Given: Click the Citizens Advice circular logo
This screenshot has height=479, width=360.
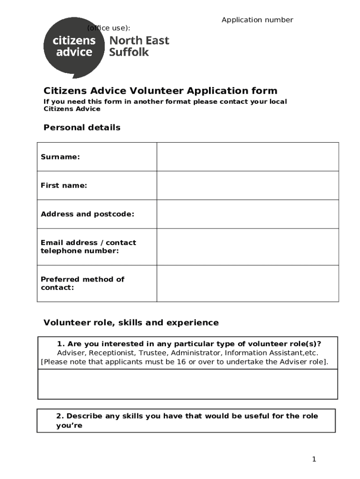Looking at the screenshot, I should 74,47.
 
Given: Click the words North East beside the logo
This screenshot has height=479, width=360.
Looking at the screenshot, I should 139,41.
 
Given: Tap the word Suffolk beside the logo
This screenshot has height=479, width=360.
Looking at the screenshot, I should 129,52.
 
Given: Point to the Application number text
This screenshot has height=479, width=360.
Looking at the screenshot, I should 257,20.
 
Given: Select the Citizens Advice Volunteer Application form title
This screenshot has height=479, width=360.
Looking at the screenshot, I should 160,91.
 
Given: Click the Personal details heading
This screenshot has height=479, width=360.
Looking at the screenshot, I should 82,128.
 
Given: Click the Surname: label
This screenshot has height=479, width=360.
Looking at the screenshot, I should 60,157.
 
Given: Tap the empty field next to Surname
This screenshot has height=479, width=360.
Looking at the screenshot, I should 247,157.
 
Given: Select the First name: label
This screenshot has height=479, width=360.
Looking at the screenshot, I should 64,186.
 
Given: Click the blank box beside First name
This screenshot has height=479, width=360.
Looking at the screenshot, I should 247,186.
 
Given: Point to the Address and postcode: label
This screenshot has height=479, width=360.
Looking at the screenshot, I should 87,214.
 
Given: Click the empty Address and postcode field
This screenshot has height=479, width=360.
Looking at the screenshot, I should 247,214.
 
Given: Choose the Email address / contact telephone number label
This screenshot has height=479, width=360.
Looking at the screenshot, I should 88,247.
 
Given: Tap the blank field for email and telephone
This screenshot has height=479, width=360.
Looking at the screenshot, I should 247,247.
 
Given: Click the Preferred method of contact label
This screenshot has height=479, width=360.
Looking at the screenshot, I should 82,283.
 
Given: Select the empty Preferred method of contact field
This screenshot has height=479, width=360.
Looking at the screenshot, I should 247,283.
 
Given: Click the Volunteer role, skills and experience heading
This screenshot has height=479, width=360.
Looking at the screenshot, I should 131,323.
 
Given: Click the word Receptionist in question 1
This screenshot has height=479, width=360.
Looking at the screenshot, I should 112,353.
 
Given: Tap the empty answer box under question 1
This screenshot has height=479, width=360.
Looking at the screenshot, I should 187,384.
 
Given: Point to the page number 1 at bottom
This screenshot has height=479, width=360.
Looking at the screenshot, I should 314,459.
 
